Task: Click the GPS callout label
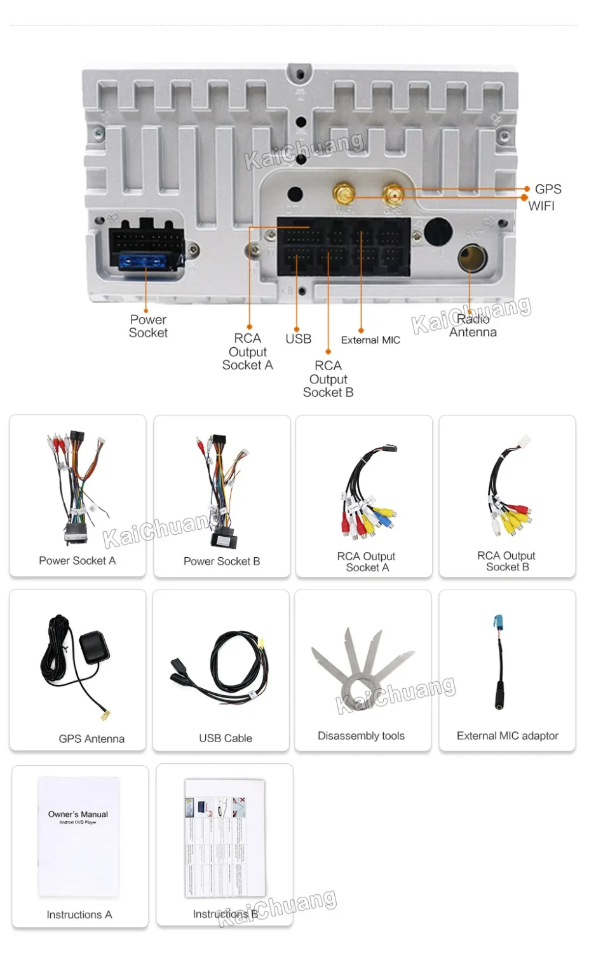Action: (x=548, y=189)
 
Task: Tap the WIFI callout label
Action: (x=541, y=205)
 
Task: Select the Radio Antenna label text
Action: (x=473, y=326)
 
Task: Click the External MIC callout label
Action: (x=370, y=340)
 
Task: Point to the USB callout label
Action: (x=298, y=339)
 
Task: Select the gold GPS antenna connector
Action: (x=393, y=193)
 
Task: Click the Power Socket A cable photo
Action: (x=76, y=487)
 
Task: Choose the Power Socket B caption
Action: (x=222, y=561)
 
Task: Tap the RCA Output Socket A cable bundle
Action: (x=367, y=493)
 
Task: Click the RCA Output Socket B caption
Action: (x=506, y=561)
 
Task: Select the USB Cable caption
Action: (x=226, y=738)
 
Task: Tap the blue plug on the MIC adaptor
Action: (x=498, y=622)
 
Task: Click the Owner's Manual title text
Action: (x=78, y=814)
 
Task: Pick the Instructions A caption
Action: (x=79, y=915)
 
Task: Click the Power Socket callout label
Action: (x=148, y=326)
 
